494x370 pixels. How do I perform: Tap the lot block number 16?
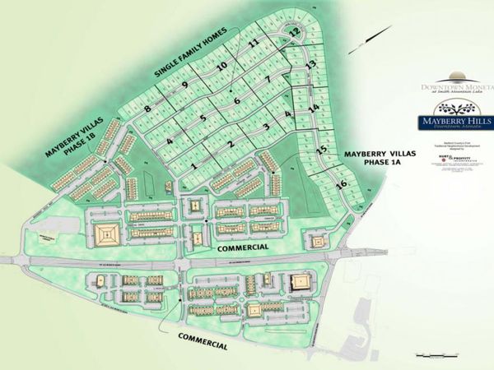click(x=341, y=183)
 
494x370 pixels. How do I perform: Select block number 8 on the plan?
click(x=147, y=109)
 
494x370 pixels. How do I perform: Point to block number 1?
click(x=193, y=168)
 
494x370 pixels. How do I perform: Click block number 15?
click(x=322, y=150)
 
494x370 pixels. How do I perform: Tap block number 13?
click(x=310, y=64)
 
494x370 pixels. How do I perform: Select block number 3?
click(x=266, y=127)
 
